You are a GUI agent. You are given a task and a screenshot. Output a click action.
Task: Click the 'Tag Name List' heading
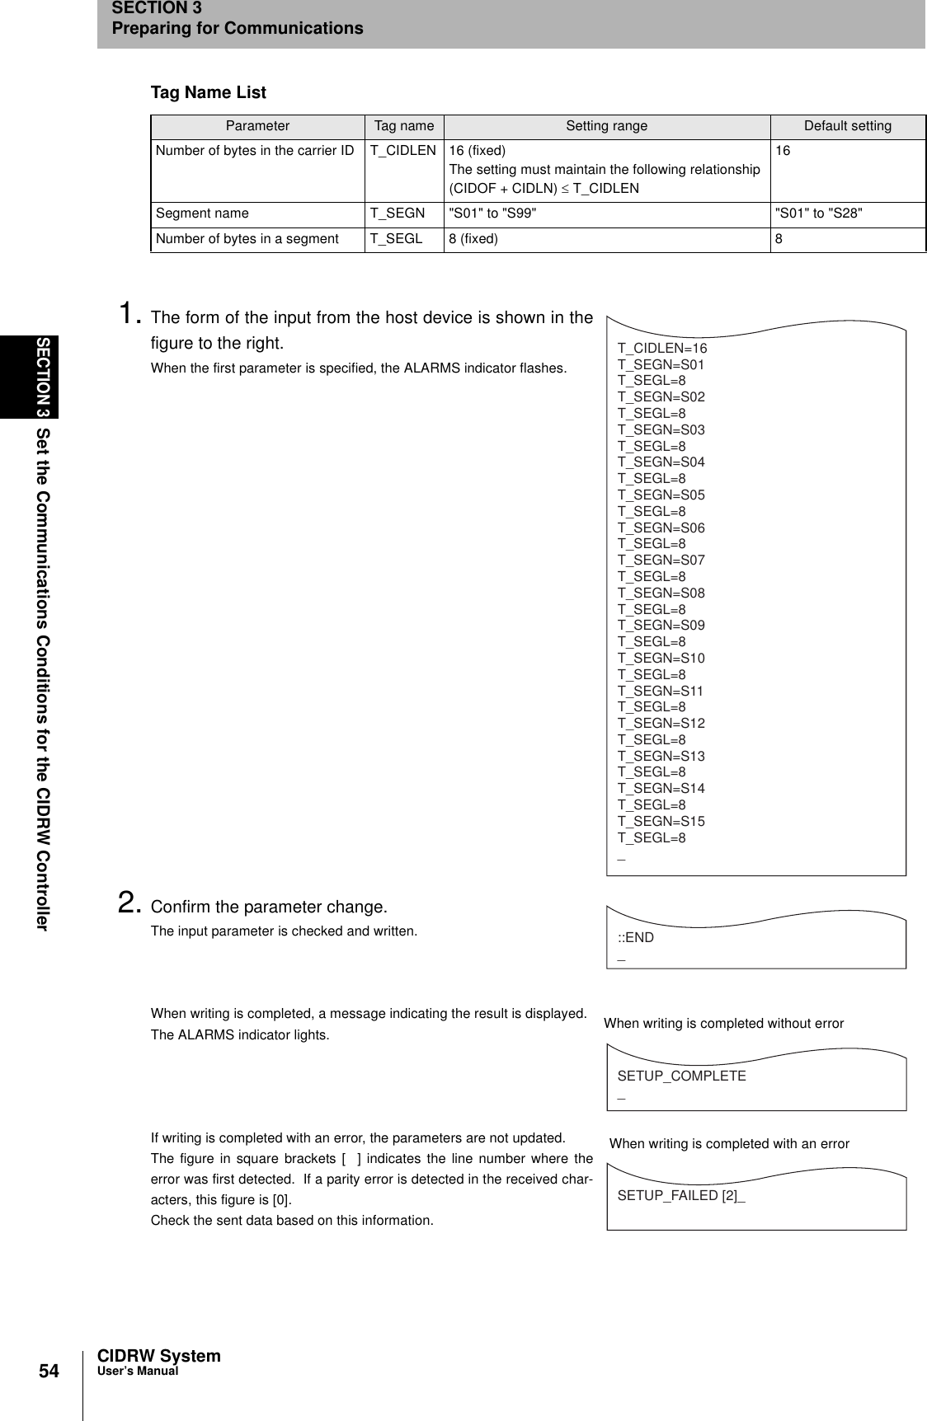[x=208, y=92]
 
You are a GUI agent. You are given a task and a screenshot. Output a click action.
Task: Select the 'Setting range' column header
[x=606, y=126]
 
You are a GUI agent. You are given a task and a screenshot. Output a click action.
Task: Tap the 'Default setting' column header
[x=847, y=126]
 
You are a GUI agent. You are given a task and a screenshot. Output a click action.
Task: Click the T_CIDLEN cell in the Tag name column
[x=402, y=151]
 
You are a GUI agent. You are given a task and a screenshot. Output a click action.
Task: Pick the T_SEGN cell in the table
[x=398, y=213]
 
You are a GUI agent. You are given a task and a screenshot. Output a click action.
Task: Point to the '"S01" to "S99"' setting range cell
[x=492, y=213]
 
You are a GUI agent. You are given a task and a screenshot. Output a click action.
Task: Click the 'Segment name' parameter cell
[x=202, y=213]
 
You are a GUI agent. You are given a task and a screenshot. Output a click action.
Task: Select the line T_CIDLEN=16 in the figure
[x=662, y=348]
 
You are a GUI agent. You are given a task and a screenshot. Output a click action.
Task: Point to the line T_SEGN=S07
[x=661, y=560]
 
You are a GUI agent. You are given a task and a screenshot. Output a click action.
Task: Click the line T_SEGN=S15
[x=661, y=822]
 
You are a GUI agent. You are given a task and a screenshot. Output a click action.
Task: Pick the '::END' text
[x=635, y=937]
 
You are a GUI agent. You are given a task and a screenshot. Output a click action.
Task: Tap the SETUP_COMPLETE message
[x=681, y=1076]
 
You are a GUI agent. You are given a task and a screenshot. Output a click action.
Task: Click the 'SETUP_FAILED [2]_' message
[x=681, y=1195]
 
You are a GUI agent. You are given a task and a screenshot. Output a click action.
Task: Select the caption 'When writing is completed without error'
[x=723, y=1024]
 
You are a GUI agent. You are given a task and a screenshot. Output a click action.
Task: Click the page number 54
[x=50, y=1371]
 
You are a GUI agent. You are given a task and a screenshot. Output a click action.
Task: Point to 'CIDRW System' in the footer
[x=158, y=1356]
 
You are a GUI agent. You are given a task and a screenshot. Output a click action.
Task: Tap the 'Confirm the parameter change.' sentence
[x=268, y=907]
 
